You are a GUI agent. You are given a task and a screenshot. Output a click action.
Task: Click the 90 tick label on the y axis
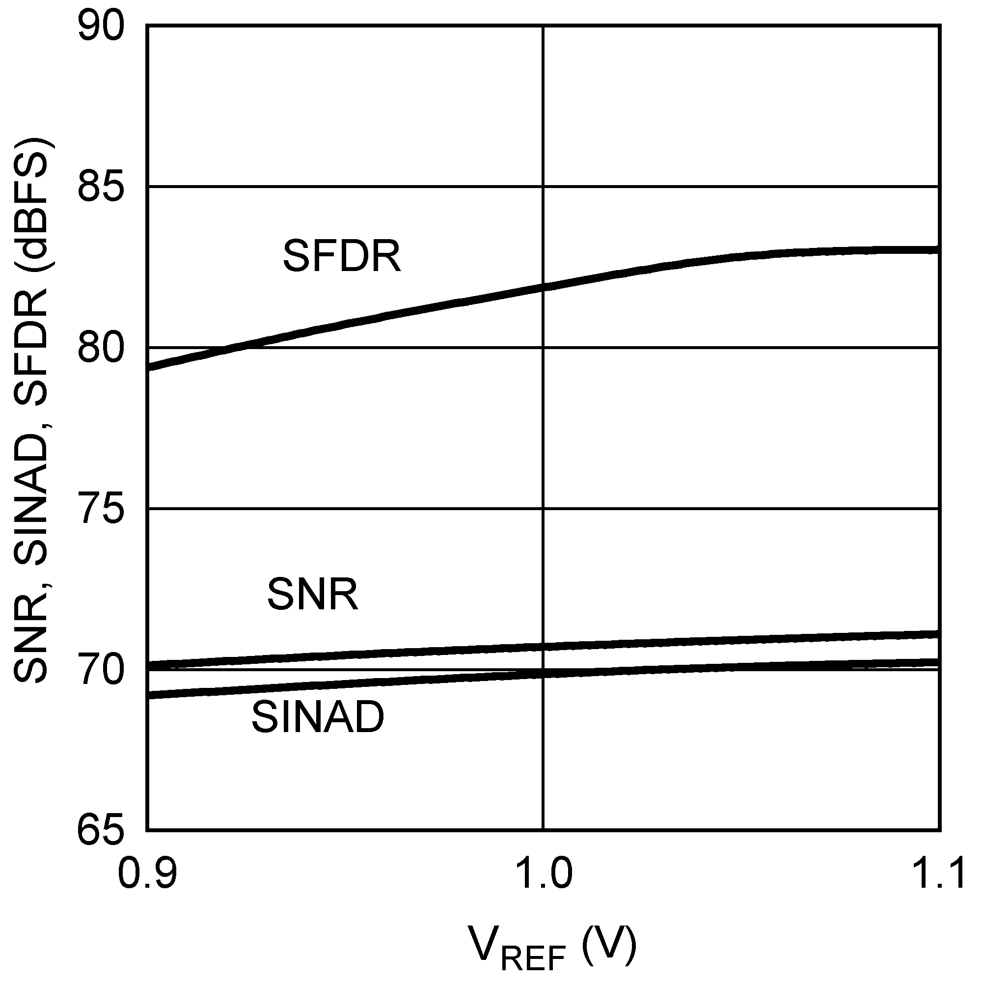101,27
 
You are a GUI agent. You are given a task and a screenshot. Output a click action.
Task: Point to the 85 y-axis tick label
101,187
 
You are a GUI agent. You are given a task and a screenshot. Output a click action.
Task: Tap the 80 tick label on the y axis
101,348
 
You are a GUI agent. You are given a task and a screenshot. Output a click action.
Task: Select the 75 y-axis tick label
101,508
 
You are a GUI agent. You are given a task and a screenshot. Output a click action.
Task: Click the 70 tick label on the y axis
101,670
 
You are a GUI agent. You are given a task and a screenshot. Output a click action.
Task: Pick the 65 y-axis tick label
101,831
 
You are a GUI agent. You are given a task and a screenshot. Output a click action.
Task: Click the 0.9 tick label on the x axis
147,873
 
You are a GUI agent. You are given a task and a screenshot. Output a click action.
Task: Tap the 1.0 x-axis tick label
544,873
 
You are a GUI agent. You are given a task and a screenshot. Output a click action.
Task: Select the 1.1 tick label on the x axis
939,873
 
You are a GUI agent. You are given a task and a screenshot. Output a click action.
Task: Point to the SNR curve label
313,594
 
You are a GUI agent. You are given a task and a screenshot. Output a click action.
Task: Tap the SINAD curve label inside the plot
318,717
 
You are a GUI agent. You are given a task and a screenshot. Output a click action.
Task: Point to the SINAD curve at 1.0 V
544,674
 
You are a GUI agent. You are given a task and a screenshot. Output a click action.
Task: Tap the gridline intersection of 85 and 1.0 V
544,187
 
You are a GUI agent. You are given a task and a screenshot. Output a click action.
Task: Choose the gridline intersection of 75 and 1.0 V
544,508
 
